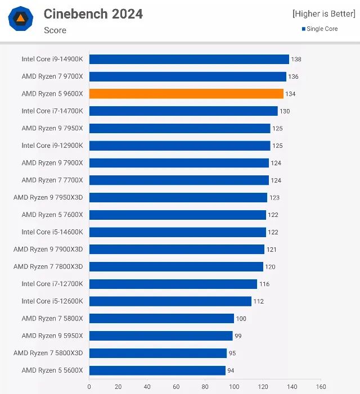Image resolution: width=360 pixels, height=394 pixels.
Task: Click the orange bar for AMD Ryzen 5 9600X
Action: coord(186,94)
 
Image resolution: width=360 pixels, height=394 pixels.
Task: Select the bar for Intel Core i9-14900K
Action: coord(189,59)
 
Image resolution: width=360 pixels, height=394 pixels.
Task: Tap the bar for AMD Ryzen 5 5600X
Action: coord(157,370)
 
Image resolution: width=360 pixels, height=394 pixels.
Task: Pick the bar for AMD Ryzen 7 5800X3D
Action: coord(158,353)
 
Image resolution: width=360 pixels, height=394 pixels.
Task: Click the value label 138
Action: coord(296,59)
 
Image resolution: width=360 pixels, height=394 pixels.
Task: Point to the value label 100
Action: coord(241,319)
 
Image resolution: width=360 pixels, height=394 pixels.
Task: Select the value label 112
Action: coord(258,301)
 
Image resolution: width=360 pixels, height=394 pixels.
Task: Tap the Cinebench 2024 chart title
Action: coord(93,14)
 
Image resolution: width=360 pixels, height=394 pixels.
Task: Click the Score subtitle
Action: coord(55,30)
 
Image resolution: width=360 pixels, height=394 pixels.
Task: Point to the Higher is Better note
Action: coord(323,14)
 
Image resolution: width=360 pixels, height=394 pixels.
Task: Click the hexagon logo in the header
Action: coord(20,19)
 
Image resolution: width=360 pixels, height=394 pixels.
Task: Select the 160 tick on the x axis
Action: coord(321,387)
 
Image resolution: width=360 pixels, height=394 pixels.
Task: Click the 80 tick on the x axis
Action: coord(205,387)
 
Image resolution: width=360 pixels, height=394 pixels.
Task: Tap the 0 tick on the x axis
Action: coord(89,387)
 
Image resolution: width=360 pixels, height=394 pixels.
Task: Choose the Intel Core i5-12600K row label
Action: coord(52,301)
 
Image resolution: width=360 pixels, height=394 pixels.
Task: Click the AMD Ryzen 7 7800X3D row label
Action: coord(48,266)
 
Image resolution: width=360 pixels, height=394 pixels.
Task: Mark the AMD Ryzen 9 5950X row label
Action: coord(52,336)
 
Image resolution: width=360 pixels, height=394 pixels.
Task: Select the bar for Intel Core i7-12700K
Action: coord(173,284)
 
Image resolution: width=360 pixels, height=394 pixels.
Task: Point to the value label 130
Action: coord(285,111)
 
